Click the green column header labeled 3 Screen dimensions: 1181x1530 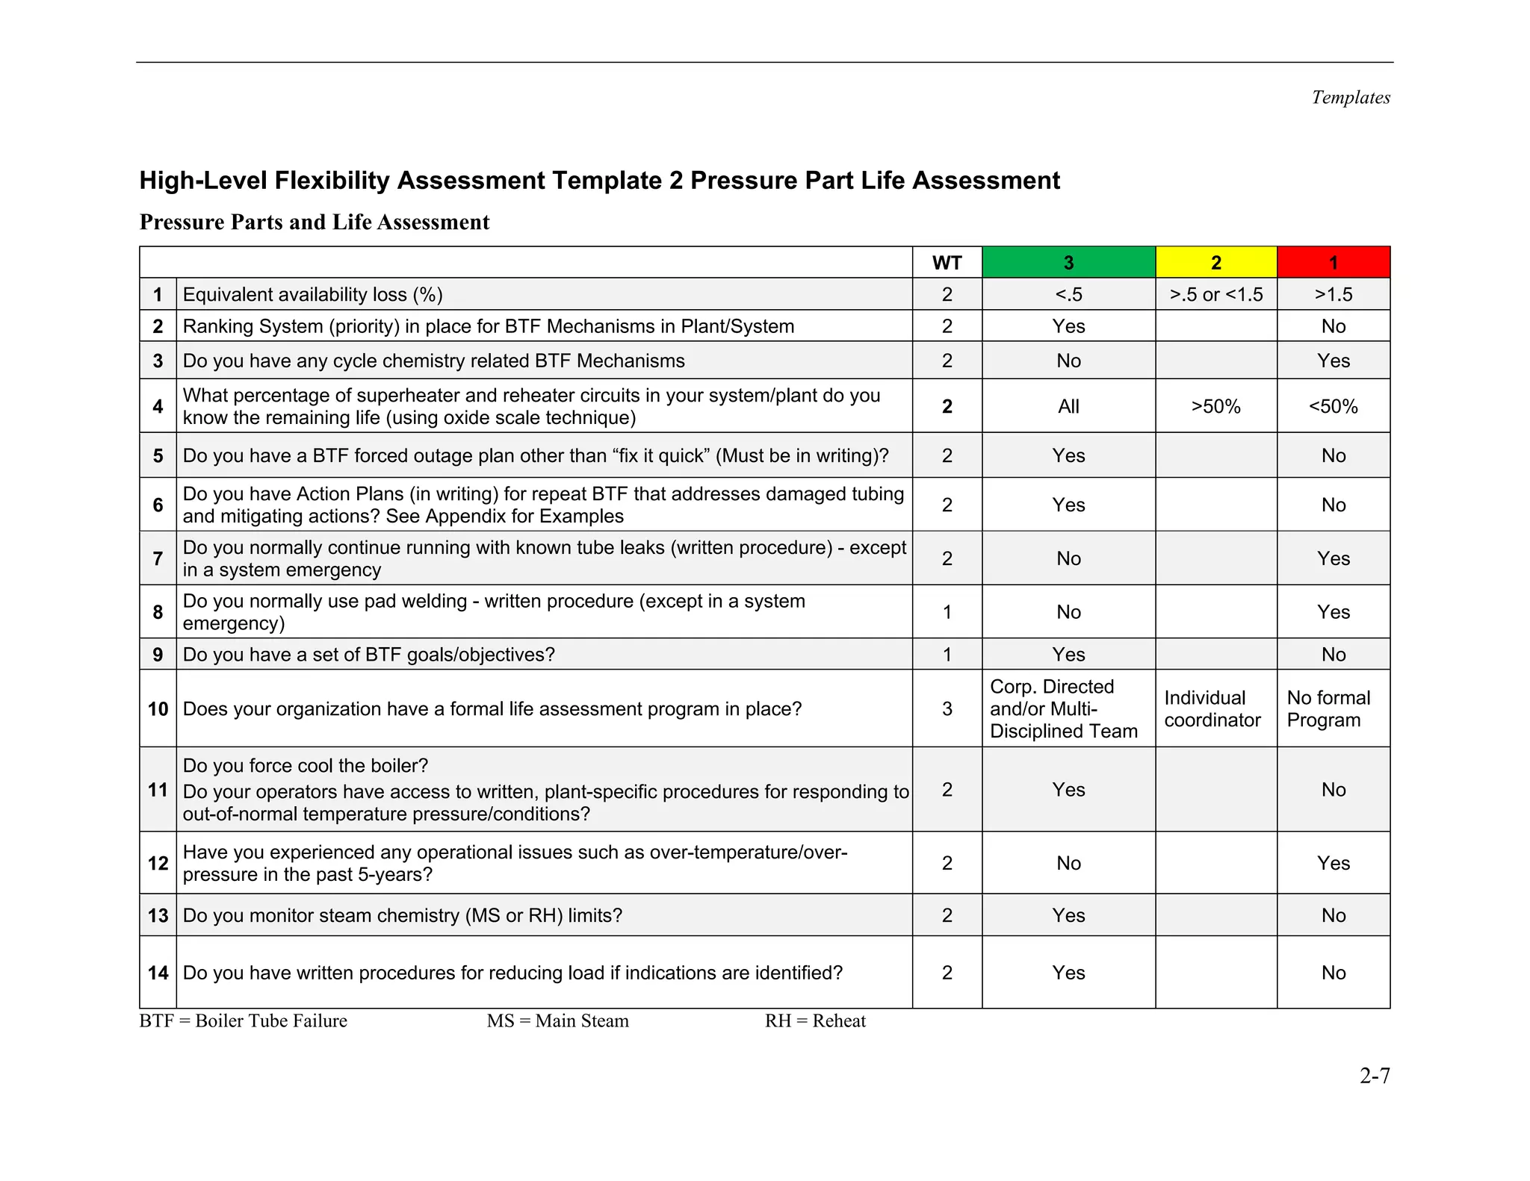[1068, 263]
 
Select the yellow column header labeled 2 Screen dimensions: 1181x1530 [1215, 263]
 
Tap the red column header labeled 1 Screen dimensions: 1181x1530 [1334, 263]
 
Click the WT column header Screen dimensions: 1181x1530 [947, 263]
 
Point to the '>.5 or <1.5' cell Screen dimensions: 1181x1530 [1215, 295]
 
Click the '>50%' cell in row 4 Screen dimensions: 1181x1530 [1215, 407]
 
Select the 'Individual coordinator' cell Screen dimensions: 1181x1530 [1212, 709]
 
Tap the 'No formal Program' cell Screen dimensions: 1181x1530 [1328, 709]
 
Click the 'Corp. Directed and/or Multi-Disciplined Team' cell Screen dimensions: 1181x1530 [1063, 709]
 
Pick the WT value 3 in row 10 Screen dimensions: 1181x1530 [947, 709]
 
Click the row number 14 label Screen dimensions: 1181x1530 [158, 973]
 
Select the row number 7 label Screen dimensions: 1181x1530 [158, 558]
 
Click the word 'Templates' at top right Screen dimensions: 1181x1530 [1350, 98]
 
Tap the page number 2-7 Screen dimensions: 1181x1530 [1374, 1076]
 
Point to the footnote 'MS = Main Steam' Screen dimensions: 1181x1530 [557, 1021]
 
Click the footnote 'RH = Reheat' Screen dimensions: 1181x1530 [814, 1021]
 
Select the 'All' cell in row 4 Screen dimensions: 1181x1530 [1068, 407]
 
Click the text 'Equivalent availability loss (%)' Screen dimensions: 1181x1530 [312, 295]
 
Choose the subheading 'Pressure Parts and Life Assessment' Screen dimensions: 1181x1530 [315, 222]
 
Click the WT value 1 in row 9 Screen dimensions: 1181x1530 [947, 655]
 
